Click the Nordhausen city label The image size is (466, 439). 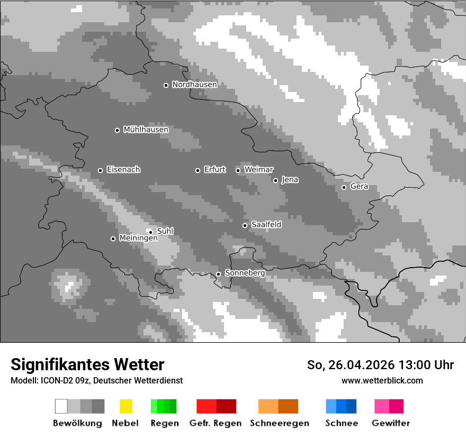pos(194,85)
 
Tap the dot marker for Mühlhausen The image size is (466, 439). pos(118,130)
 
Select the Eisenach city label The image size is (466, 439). pos(123,170)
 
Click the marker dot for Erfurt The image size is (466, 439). pos(198,170)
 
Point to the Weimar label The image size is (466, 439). pos(258,170)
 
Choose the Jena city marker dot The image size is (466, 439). pos(275,180)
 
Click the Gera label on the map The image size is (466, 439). pos(359,187)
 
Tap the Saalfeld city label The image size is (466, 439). pos(266,225)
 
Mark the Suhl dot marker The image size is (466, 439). pos(150,232)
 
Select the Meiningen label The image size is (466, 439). pos(138,239)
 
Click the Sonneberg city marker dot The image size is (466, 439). pos(218,274)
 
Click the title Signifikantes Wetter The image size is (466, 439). pos(87,364)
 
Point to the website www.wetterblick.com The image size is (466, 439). pos(382,380)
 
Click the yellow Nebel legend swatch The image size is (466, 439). pos(126,406)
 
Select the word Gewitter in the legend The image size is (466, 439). pos(391,423)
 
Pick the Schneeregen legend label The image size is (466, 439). pos(280,423)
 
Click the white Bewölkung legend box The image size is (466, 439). pos(61,406)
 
